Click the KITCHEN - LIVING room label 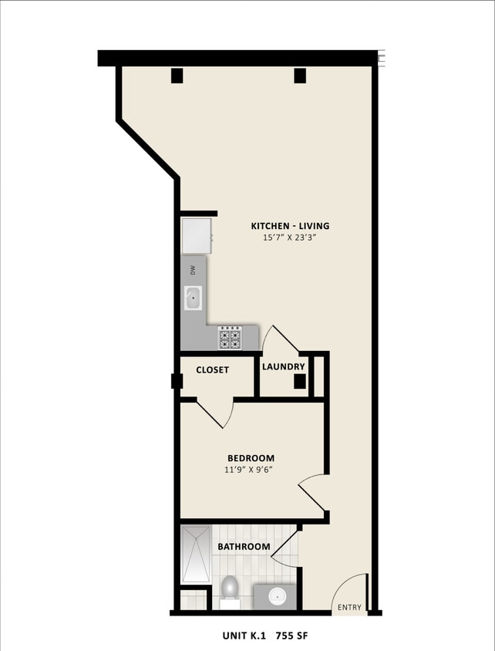[290, 226]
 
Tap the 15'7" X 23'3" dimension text [290, 238]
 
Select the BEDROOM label [251, 458]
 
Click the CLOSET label [212, 370]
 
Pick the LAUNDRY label [284, 366]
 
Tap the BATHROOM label [244, 547]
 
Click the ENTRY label [349, 608]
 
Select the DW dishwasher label [194, 269]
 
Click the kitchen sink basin [192, 298]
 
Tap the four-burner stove [230, 338]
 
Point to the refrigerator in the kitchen [196, 235]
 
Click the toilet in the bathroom [230, 589]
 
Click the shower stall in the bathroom [196, 554]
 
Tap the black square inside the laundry [301, 380]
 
